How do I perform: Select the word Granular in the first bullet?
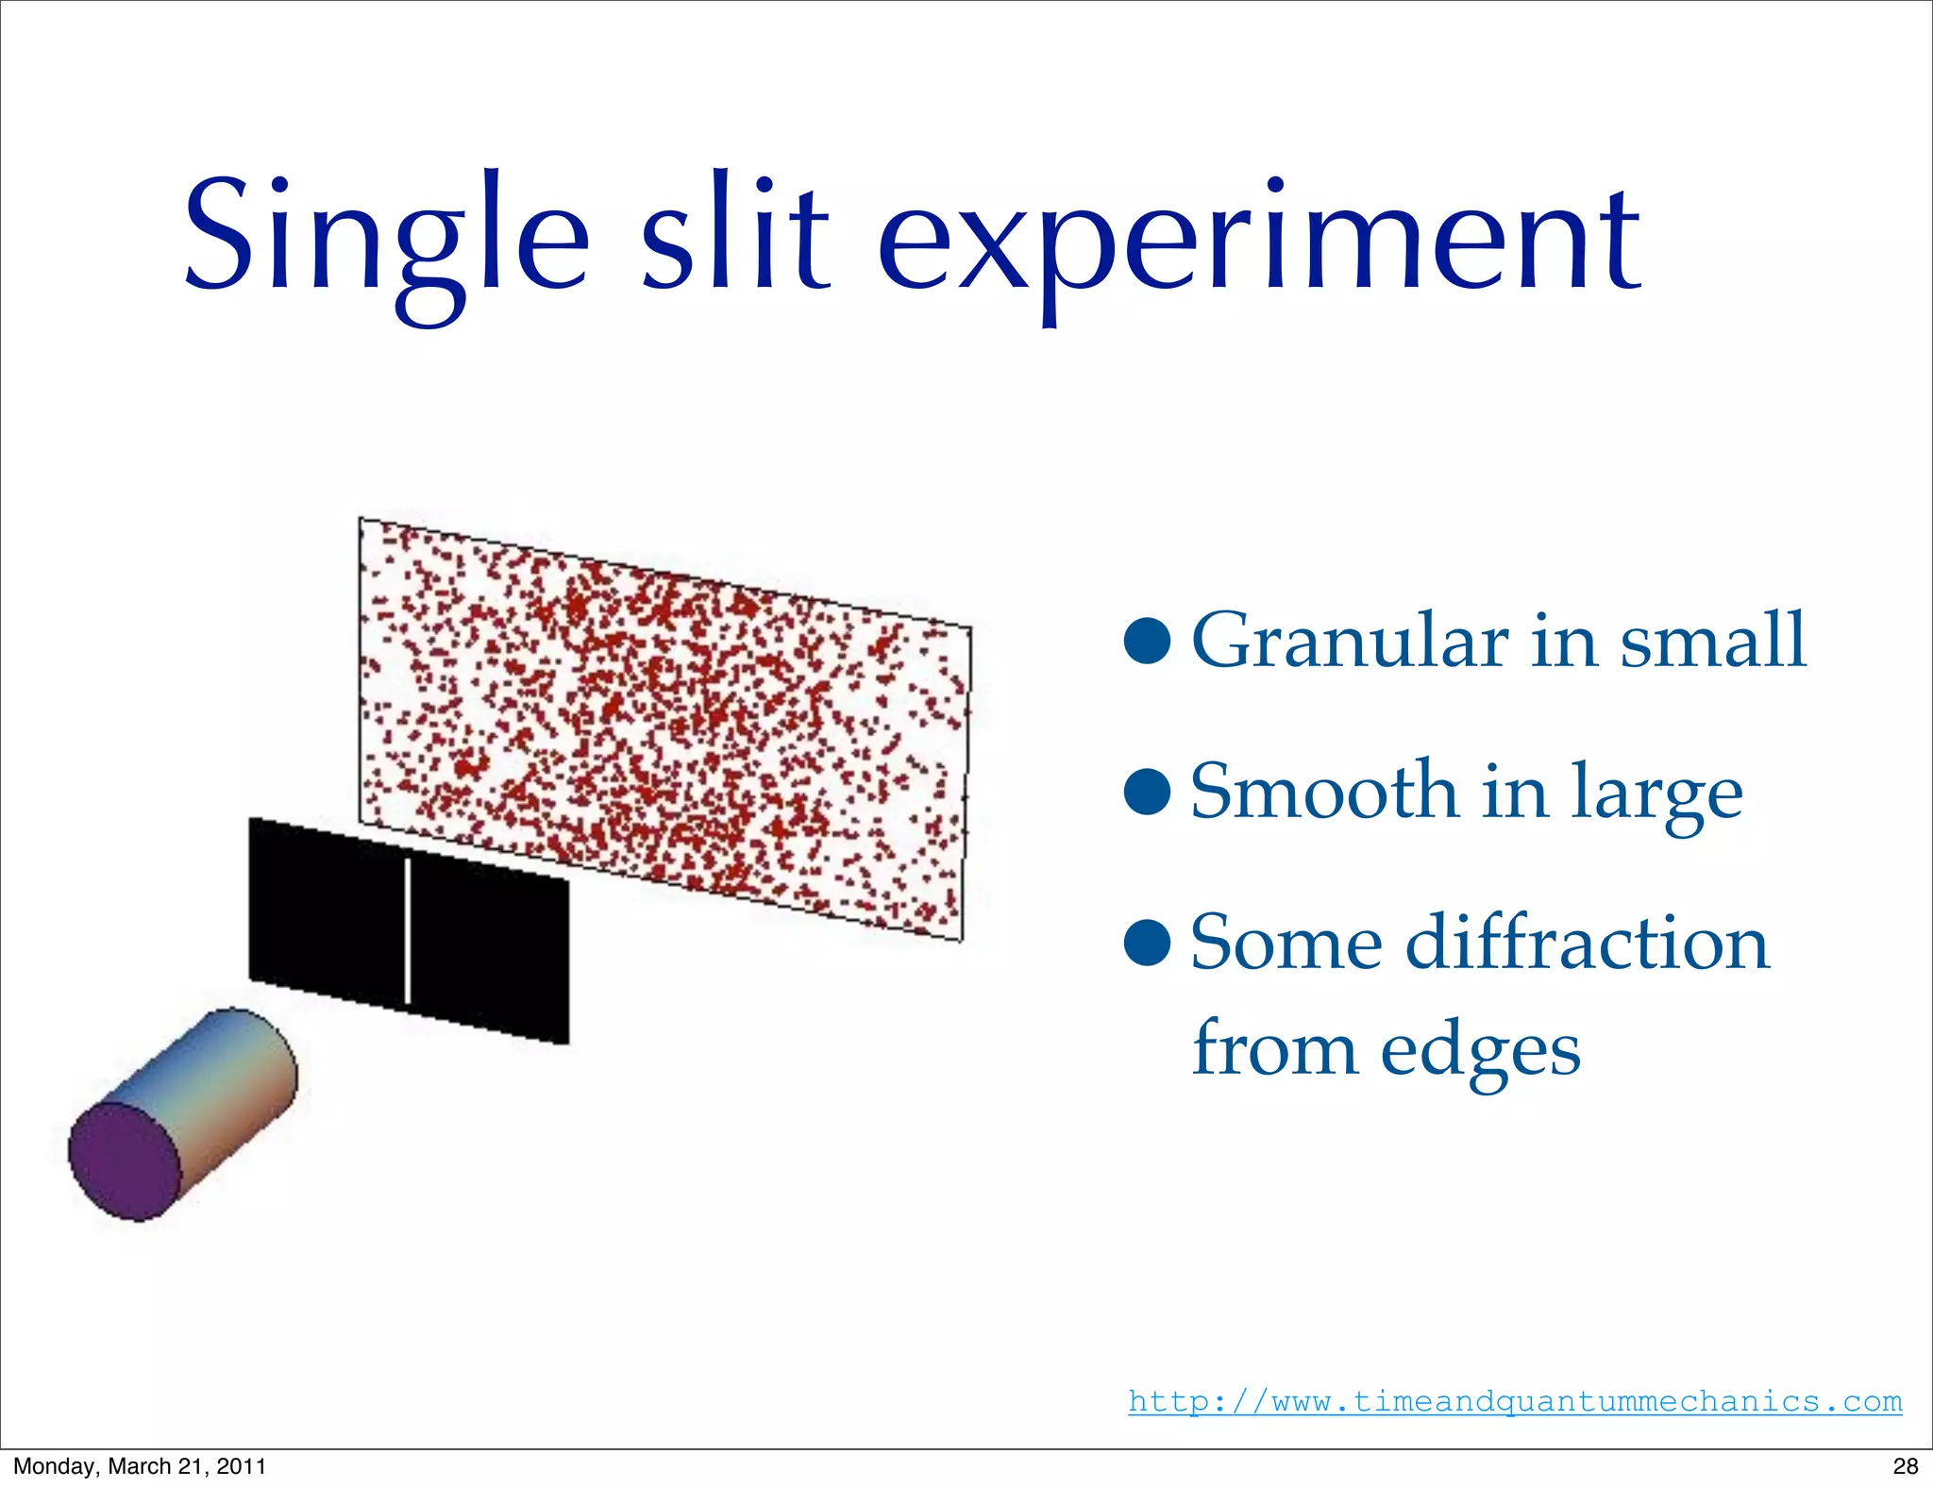[x=1350, y=642]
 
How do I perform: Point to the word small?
[x=1713, y=642]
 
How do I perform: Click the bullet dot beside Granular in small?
[x=1148, y=642]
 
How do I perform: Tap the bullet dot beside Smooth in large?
[x=1148, y=792]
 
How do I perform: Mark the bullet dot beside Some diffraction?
[x=1148, y=943]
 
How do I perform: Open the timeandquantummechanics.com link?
[x=1515, y=1401]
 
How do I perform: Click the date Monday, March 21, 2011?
[x=140, y=1466]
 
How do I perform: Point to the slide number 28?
[x=1906, y=1466]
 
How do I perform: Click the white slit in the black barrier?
[x=407, y=930]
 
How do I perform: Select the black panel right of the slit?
[x=491, y=953]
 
